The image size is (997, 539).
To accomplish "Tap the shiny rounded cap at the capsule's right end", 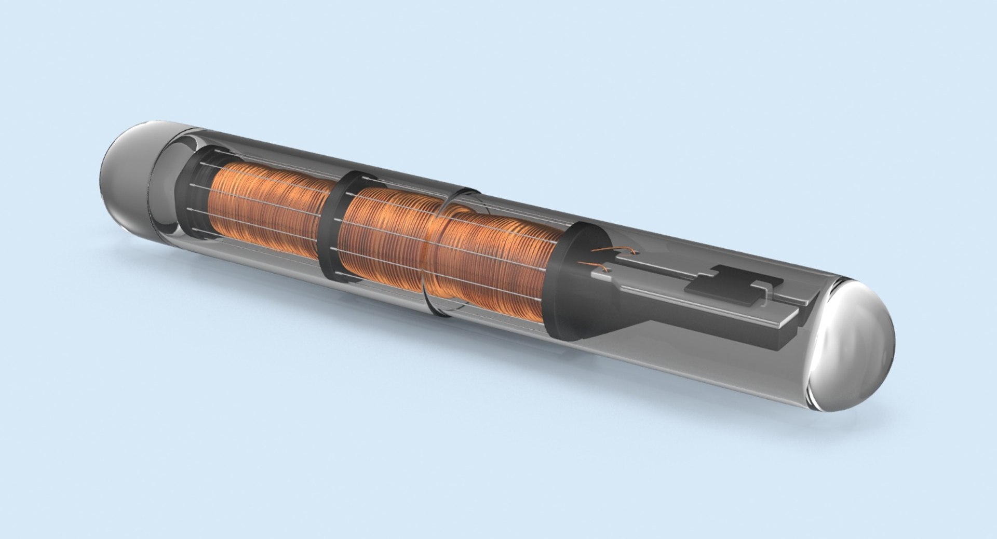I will pyautogui.click(x=857, y=348).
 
